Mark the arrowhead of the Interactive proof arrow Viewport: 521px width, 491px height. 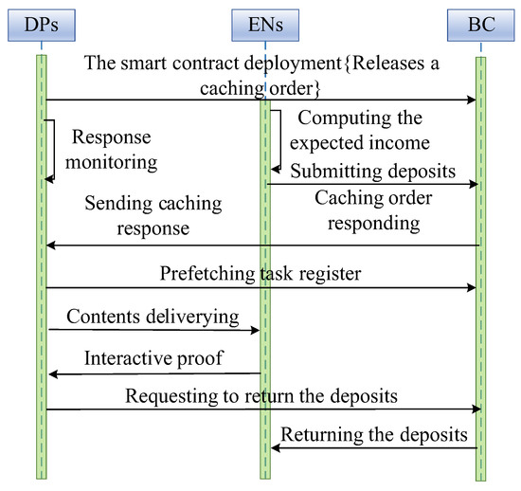51,374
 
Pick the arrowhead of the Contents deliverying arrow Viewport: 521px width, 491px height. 256,330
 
